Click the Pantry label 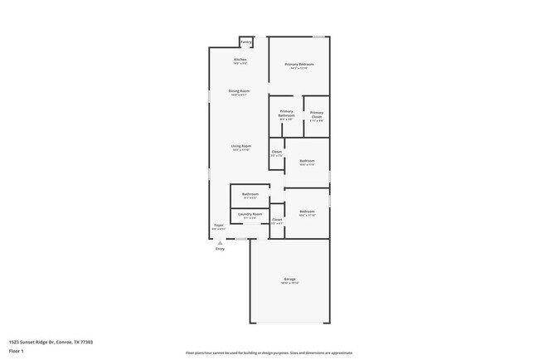(x=245, y=41)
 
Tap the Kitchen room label (x=240, y=60)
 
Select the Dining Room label (x=240, y=91)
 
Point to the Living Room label (x=240, y=146)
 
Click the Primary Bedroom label (x=299, y=65)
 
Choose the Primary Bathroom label (x=286, y=114)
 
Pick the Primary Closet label (x=316, y=115)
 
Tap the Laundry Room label (x=250, y=215)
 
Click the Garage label (x=289, y=280)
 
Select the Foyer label (x=219, y=225)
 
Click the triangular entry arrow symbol (x=220, y=243)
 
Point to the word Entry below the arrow (x=220, y=249)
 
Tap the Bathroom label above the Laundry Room (x=250, y=194)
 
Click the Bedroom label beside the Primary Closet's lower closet (x=307, y=161)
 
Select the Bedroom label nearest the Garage (x=307, y=212)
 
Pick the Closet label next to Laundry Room (x=277, y=220)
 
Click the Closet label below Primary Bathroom (x=277, y=152)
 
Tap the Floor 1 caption (x=17, y=352)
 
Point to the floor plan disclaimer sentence (x=269, y=353)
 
